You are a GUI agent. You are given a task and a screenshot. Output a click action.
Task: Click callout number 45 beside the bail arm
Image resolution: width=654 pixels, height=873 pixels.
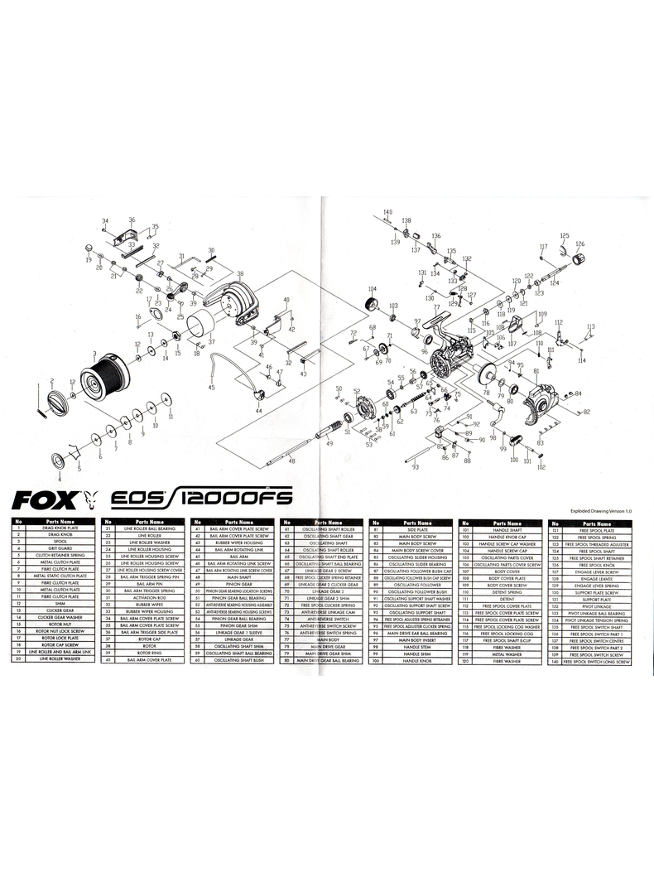tap(211, 388)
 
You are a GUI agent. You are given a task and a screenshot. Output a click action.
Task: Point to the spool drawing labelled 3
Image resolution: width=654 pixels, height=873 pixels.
tap(103, 382)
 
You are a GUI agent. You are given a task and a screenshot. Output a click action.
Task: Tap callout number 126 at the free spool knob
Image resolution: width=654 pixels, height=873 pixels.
tap(579, 244)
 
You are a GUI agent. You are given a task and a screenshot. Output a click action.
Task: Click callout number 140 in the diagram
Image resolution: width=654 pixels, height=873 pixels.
tap(387, 213)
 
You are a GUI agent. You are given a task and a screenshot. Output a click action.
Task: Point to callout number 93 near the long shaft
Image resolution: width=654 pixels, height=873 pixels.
tap(415, 468)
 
